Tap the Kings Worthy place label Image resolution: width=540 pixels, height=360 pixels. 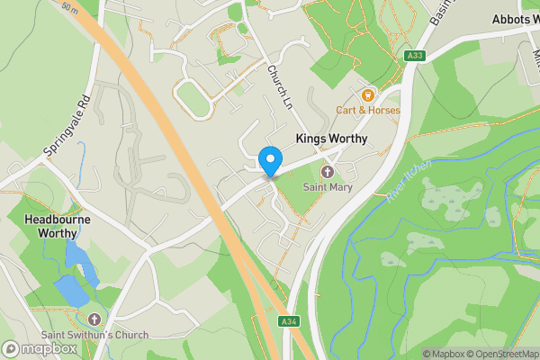(334, 139)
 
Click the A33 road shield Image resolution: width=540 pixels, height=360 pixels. (414, 56)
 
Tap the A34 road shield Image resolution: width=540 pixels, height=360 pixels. (288, 321)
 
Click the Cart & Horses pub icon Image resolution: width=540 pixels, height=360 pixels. (367, 94)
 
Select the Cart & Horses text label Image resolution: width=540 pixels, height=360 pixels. (368, 111)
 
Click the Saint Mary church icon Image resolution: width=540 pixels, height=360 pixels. (327, 172)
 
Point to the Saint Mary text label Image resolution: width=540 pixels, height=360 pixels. (327, 187)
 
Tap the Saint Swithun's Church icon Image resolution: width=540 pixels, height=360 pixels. (95, 319)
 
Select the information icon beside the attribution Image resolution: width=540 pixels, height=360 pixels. (415, 354)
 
